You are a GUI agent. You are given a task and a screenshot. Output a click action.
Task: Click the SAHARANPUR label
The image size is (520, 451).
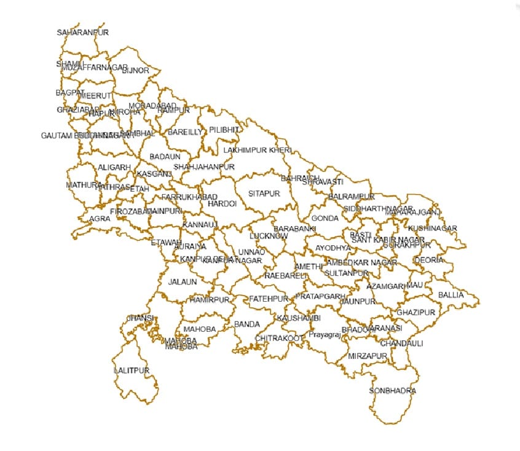(82, 33)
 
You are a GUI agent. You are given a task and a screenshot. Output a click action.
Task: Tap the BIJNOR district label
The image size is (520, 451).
(136, 71)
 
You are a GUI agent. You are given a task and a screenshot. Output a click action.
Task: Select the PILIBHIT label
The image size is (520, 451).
(224, 130)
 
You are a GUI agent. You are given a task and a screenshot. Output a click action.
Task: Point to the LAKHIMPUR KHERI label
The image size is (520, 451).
(257, 150)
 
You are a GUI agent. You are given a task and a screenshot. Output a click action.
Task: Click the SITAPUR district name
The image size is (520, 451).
(264, 194)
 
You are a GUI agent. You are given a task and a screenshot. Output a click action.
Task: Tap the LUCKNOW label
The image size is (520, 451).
(269, 236)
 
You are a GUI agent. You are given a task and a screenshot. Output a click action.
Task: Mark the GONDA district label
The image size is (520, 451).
(325, 218)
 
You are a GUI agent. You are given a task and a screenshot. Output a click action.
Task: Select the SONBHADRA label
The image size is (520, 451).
(393, 391)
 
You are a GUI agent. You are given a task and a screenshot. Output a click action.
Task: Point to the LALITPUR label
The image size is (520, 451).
(132, 371)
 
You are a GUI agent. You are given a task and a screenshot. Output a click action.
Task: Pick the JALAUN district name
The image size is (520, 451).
(183, 282)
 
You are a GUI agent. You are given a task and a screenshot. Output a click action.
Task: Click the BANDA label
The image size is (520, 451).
(247, 324)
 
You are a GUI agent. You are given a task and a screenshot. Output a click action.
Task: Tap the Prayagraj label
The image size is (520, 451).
(324, 335)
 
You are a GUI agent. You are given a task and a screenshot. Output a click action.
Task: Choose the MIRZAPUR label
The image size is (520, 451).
(367, 356)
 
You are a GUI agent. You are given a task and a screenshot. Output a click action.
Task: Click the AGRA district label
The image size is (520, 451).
(100, 219)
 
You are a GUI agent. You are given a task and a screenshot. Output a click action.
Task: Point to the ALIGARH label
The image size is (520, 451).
(114, 167)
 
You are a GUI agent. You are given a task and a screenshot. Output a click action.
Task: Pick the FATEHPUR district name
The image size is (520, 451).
(269, 299)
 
